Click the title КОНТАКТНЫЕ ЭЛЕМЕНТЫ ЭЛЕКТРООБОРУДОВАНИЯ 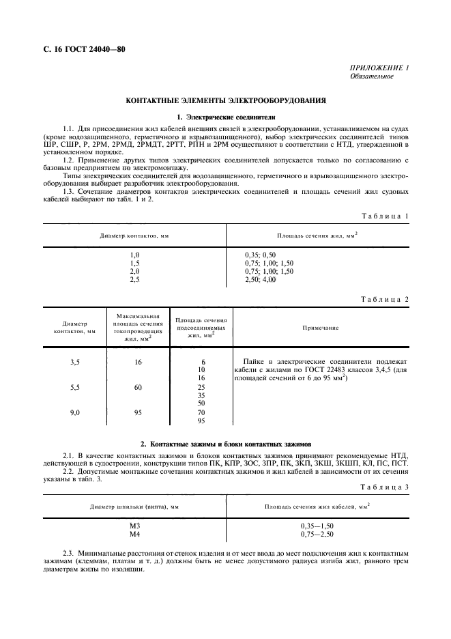click(x=225, y=100)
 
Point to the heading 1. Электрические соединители click(x=225, y=117)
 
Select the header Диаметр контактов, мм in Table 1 click(x=134, y=236)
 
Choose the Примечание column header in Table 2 click(x=320, y=328)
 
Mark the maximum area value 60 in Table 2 click(x=138, y=387)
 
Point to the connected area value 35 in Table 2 click(x=201, y=395)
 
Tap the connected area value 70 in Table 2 click(x=201, y=412)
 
